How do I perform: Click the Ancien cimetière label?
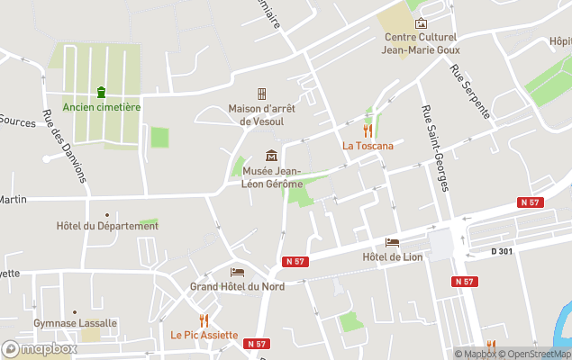pos(102,107)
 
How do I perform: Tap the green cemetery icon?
pos(102,92)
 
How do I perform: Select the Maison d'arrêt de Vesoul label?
pos(262,115)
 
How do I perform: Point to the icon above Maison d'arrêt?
pos(262,94)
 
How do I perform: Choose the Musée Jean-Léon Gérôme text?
pos(270,177)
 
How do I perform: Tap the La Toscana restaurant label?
pos(367,145)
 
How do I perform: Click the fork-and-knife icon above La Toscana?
pos(368,130)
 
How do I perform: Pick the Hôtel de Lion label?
pos(392,258)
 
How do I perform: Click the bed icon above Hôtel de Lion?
pos(392,242)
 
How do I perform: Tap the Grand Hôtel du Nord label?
pos(237,286)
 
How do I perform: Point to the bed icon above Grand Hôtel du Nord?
pos(237,272)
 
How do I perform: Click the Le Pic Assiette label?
pos(204,335)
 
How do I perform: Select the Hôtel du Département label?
pos(107,226)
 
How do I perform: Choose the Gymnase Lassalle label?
pos(76,323)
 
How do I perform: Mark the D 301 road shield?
pos(502,251)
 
